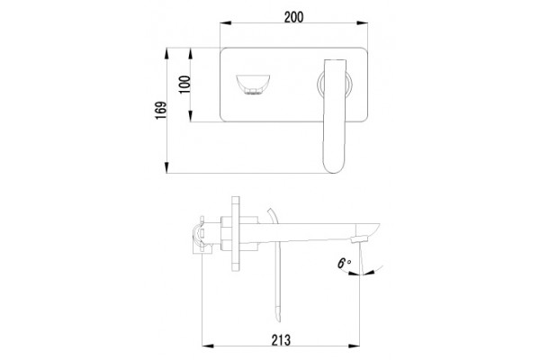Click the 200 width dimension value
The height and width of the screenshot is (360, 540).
click(293, 17)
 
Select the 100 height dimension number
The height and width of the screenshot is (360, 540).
click(184, 85)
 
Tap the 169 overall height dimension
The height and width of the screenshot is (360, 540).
click(161, 110)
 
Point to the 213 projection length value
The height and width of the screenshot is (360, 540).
click(281, 340)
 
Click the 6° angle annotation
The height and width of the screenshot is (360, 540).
click(344, 264)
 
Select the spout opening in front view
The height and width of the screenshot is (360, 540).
click(253, 85)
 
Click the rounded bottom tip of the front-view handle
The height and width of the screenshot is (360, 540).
click(335, 169)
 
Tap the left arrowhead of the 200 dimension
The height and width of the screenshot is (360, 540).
click(226, 23)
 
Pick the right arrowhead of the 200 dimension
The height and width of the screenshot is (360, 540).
click(363, 23)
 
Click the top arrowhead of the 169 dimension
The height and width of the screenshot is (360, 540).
click(166, 53)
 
